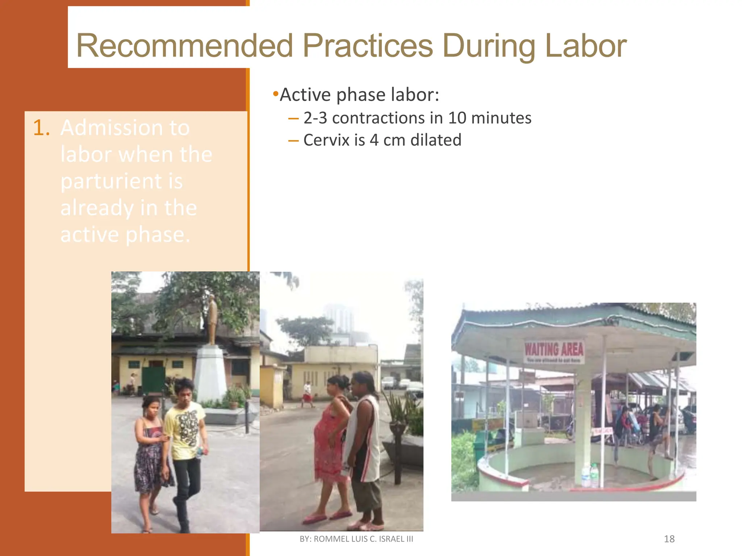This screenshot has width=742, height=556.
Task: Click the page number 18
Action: click(x=669, y=539)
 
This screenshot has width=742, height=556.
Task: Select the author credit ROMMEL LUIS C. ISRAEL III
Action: click(x=363, y=539)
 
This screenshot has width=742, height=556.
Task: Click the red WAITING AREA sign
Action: click(x=554, y=350)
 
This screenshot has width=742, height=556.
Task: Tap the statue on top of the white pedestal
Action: click(x=212, y=319)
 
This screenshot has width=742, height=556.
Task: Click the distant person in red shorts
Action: click(x=307, y=395)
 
